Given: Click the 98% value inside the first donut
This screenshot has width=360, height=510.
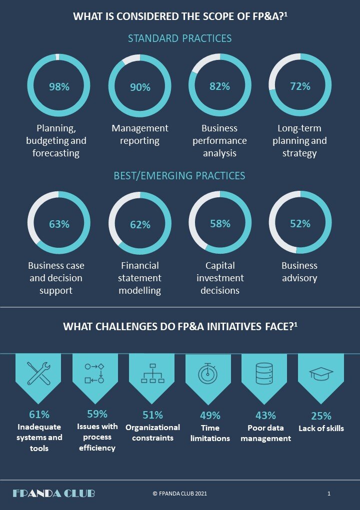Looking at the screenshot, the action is (x=59, y=87).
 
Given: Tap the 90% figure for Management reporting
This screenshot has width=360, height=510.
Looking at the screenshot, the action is (x=140, y=87).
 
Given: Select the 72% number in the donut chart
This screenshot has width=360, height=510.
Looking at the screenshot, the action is (x=300, y=86).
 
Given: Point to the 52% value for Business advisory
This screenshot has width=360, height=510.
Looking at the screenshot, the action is (x=300, y=223).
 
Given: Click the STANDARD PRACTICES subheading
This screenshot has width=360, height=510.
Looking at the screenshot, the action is (x=179, y=38).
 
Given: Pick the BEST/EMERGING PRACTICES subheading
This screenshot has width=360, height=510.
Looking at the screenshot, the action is (x=179, y=176).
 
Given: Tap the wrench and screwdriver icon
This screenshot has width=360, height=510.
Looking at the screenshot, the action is (x=38, y=374).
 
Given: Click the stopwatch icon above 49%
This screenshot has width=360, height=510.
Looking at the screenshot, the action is (x=207, y=374).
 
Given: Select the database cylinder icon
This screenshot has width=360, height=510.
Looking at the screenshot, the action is (x=264, y=374).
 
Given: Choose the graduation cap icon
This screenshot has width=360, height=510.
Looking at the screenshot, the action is (x=321, y=373).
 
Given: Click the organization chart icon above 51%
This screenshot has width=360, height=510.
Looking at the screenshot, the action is (x=152, y=374).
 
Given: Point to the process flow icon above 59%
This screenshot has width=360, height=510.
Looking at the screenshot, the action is (x=94, y=374).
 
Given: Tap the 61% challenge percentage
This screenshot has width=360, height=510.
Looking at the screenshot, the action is (x=39, y=415).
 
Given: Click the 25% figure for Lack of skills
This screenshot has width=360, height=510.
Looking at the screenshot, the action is (x=321, y=416).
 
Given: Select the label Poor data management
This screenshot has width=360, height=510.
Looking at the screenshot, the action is (x=265, y=433).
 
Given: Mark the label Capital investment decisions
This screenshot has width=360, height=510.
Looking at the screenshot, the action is (x=220, y=278).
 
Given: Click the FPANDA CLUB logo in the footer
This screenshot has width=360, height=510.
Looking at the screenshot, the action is (x=53, y=494).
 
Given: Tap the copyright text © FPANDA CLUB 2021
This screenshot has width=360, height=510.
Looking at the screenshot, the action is (x=179, y=494).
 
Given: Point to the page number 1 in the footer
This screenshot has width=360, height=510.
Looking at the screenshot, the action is (x=329, y=494).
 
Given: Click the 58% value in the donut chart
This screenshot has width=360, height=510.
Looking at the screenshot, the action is (x=220, y=223).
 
